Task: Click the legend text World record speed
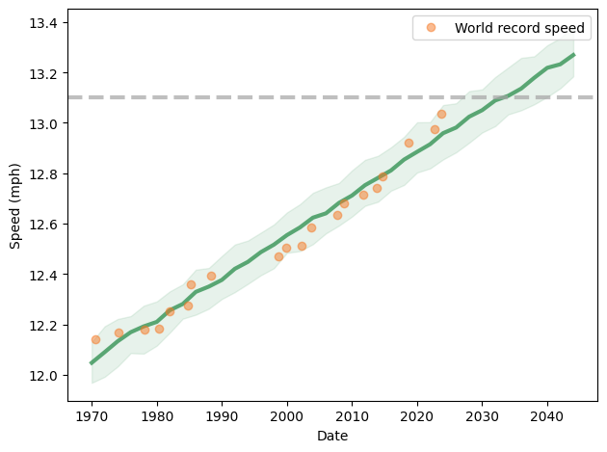[x=520, y=28]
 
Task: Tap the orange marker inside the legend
[x=431, y=28]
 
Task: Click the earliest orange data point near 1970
[x=95, y=339]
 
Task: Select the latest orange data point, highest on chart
[x=441, y=114]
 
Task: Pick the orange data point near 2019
[x=409, y=143]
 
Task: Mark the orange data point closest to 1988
[x=211, y=276]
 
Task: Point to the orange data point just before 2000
[x=278, y=256]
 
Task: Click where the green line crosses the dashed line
[x=504, y=97]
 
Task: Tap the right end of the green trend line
[x=574, y=55]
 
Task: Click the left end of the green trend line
[x=92, y=363]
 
